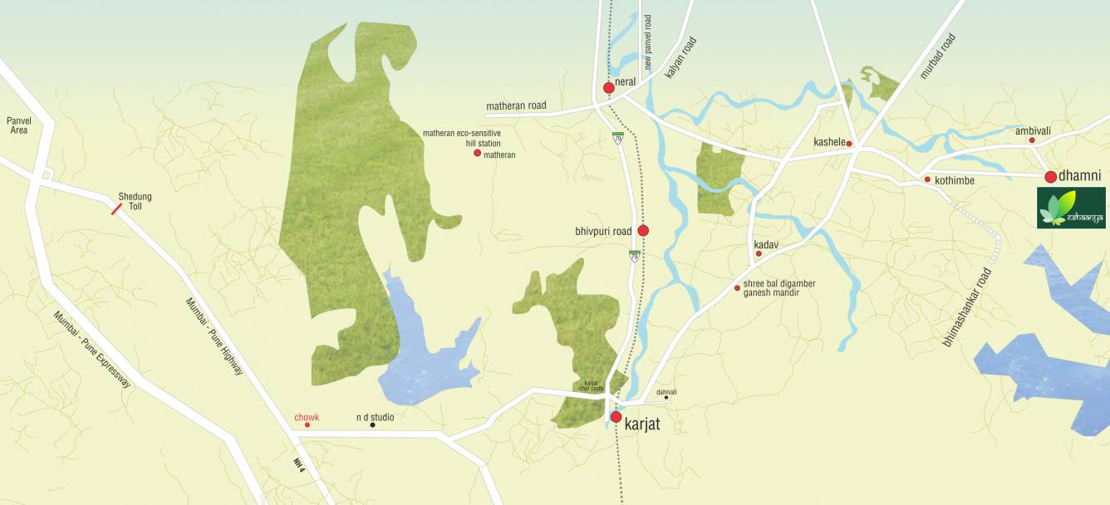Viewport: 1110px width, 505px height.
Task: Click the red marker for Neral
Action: (x=608, y=87)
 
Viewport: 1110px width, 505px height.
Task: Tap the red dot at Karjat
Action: (x=616, y=417)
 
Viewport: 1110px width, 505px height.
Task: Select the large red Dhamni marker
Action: (x=1050, y=176)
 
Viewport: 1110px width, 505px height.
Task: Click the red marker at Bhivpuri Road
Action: (x=643, y=230)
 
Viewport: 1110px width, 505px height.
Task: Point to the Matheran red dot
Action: (x=477, y=154)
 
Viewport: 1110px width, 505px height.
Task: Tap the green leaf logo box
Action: (x=1071, y=208)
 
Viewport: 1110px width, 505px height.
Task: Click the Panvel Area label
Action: (x=18, y=125)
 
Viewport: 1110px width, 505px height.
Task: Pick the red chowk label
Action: (x=307, y=417)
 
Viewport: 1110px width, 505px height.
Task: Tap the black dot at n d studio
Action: (x=372, y=424)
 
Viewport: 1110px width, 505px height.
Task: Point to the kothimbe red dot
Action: (x=927, y=179)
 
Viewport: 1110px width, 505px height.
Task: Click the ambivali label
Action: (x=1033, y=130)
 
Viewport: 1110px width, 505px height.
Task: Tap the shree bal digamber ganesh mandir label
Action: (x=779, y=288)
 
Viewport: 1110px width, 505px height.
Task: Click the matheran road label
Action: (x=516, y=106)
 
